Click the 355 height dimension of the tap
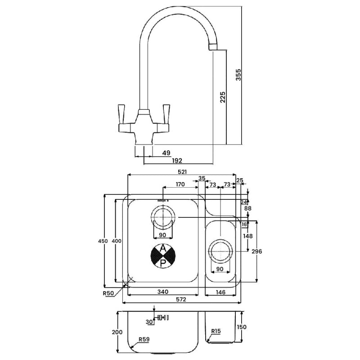[x=238, y=75]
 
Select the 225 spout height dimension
[x=223, y=97]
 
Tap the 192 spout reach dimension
[x=177, y=161]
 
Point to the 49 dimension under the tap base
[x=166, y=153]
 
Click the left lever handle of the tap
[x=121, y=111]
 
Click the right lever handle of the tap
[x=166, y=111]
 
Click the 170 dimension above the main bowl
[x=180, y=184]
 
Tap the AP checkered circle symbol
[x=162, y=255]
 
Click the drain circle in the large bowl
[x=162, y=217]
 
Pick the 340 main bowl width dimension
[x=163, y=292]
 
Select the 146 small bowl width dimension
[x=220, y=292]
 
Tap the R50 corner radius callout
[x=108, y=293]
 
